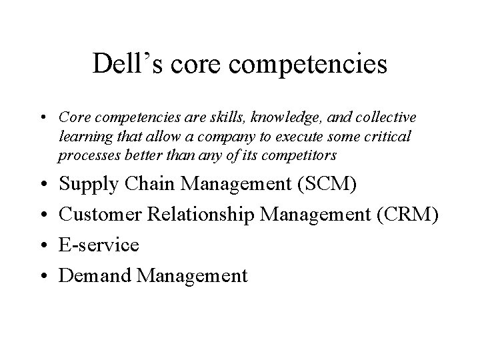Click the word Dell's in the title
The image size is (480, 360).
(122, 65)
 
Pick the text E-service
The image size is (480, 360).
(99, 245)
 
